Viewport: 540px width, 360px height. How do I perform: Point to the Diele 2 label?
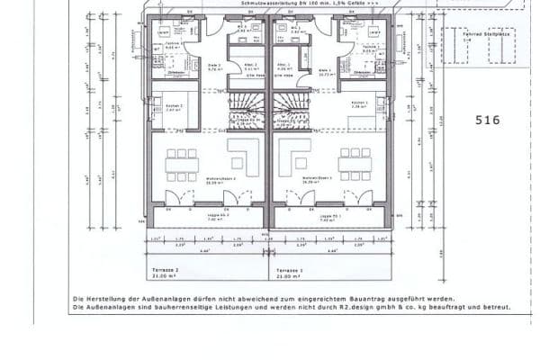point(214,67)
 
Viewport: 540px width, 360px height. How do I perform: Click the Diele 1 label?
point(325,69)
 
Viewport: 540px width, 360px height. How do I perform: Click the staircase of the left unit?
point(245,112)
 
